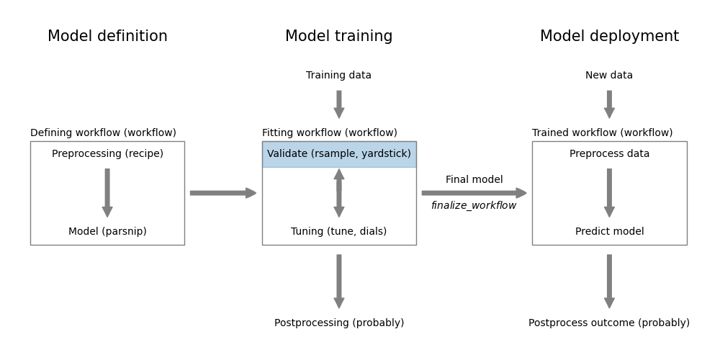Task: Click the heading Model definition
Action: click(107, 37)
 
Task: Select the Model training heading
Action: click(338, 37)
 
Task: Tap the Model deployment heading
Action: click(609, 37)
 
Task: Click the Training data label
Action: click(338, 76)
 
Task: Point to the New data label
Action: click(609, 76)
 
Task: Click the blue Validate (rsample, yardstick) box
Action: click(338, 154)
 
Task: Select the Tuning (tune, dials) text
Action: click(338, 232)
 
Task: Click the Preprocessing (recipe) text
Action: click(107, 154)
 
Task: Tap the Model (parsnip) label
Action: click(107, 232)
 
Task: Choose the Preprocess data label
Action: click(609, 154)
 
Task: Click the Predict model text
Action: click(609, 232)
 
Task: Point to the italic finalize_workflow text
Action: click(474, 206)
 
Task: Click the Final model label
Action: click(474, 180)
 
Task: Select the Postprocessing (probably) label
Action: click(338, 323)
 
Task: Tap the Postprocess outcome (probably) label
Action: click(609, 323)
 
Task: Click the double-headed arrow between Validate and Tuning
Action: click(338, 193)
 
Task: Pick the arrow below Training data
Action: click(338, 104)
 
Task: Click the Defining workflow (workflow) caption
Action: click(103, 133)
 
